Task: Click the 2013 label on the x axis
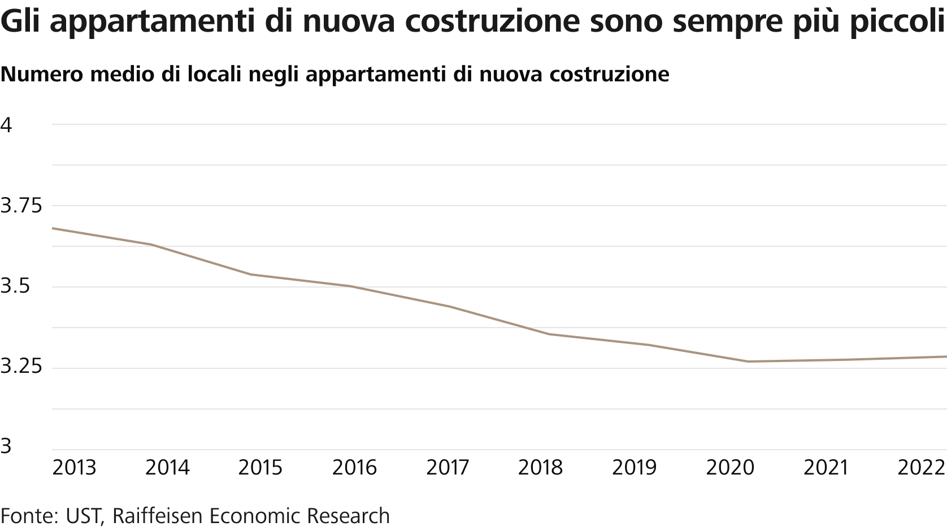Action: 74,468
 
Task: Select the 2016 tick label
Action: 354,468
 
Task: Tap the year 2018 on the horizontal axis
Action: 541,468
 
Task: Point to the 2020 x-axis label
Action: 731,468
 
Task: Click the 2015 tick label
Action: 260,468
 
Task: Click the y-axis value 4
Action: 6,125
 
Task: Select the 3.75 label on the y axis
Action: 21,206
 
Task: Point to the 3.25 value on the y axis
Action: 21,368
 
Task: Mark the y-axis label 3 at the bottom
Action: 6,446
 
